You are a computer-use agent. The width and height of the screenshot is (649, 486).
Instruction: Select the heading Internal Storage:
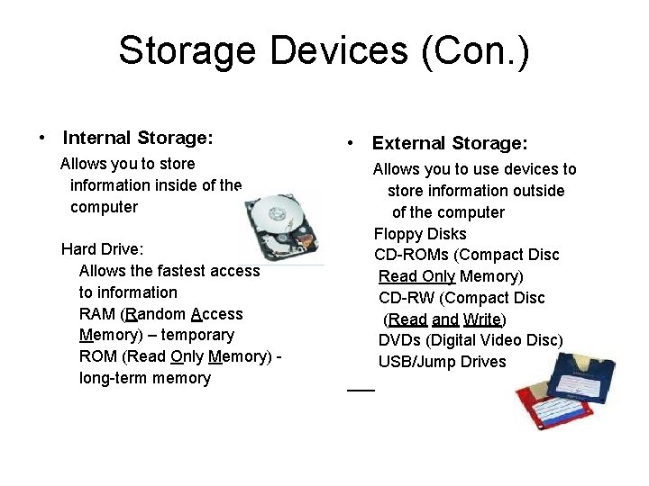(x=138, y=138)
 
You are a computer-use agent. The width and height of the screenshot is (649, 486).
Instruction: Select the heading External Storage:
(x=450, y=143)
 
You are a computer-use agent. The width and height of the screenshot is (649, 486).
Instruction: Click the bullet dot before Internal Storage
(x=41, y=139)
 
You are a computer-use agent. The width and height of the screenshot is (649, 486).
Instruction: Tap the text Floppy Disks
(x=420, y=234)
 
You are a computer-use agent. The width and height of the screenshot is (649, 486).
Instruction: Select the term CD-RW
(x=404, y=298)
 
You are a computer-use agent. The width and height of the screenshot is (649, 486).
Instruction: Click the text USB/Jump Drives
(x=442, y=362)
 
